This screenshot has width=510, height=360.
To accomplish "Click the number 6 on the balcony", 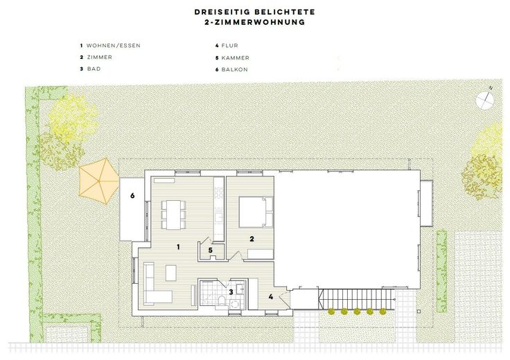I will click(132, 196).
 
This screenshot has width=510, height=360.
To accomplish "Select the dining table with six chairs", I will click(174, 214).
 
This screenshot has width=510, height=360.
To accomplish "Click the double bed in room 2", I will click(254, 212).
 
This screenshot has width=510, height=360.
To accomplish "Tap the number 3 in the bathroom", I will click(231, 292).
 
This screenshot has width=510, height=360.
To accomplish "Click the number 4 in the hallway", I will click(272, 297).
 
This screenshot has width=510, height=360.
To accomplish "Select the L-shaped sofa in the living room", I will click(153, 285).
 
